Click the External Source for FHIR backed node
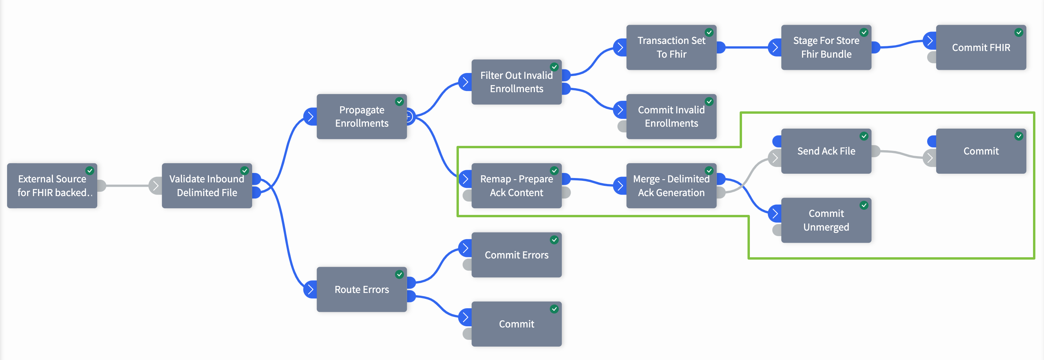pos(52,185)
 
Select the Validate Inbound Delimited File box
pos(207,185)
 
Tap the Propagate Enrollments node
pos(362,117)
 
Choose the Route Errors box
pos(362,289)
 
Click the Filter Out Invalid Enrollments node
pos(517,82)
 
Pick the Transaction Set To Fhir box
pos(671,47)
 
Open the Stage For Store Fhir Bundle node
pos(826,47)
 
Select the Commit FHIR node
pos(981,47)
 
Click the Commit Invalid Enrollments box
pos(671,117)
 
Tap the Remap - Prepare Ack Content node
pos(517,185)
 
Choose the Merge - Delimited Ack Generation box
pos(671,185)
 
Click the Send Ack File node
pos(826,151)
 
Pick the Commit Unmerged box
pos(826,220)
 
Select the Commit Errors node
pos(517,255)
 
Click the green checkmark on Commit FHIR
pos(1019,33)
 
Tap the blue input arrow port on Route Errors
pos(310,289)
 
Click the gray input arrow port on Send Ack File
pos(775,158)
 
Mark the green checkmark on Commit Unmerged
pos(864,205)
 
